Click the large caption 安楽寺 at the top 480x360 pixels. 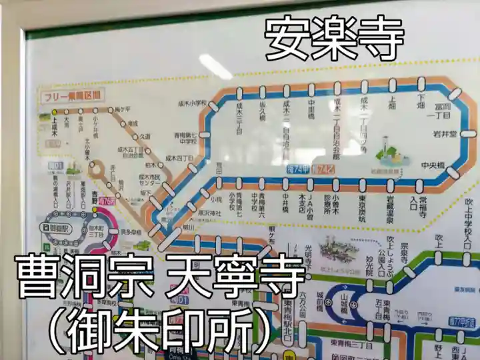(x=335, y=39)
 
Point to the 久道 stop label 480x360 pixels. (x=145, y=136)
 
